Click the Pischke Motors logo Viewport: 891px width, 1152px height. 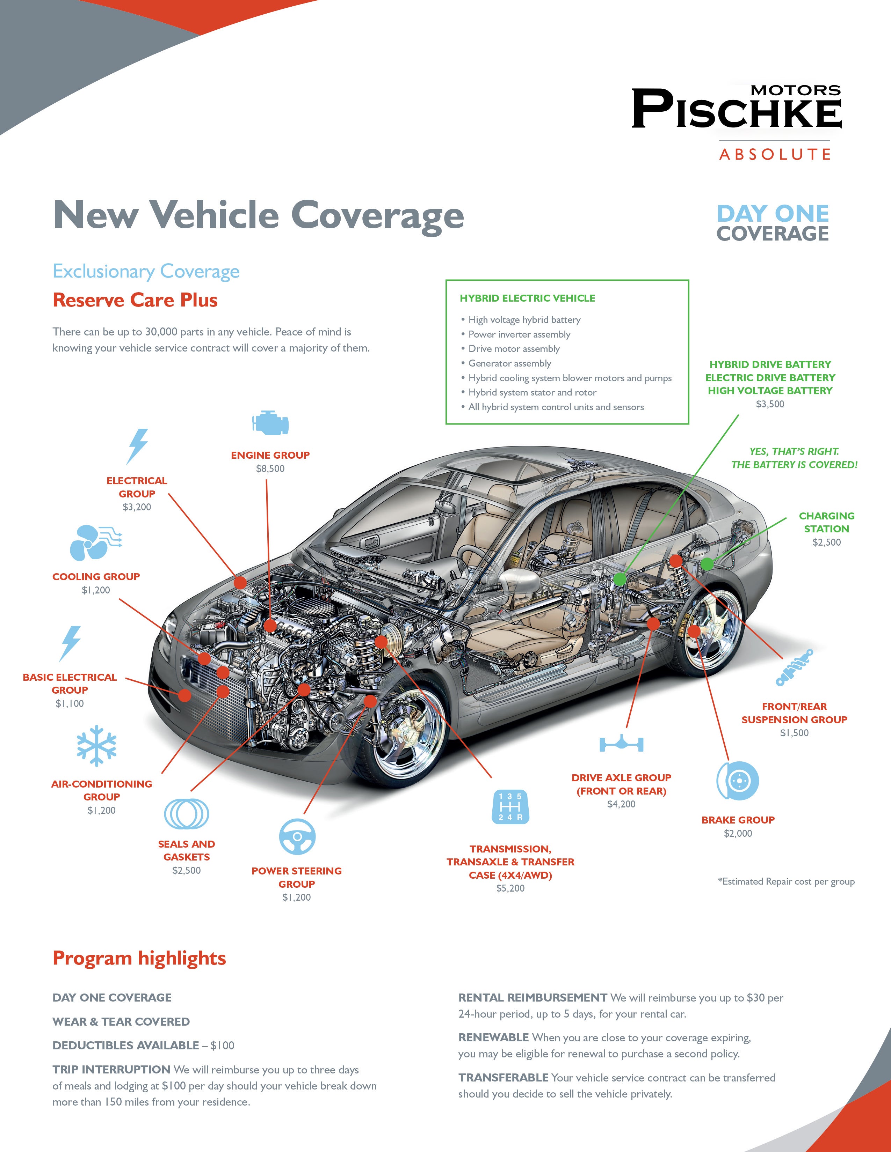tap(736, 108)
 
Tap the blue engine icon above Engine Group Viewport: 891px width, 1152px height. tap(270, 422)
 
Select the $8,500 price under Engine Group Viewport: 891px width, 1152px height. tap(270, 468)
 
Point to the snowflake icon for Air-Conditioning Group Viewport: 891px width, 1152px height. tap(96, 745)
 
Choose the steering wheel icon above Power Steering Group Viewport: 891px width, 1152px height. tap(297, 836)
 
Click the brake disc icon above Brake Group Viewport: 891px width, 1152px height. tap(737, 781)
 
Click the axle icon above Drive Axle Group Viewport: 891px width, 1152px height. tap(621, 744)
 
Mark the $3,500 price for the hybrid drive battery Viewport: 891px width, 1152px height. tap(770, 404)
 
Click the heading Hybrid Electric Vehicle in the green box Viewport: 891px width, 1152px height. tap(527, 298)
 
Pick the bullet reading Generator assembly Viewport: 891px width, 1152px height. tap(509, 363)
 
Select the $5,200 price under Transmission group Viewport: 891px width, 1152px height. tap(510, 888)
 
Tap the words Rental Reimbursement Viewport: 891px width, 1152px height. tap(532, 997)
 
